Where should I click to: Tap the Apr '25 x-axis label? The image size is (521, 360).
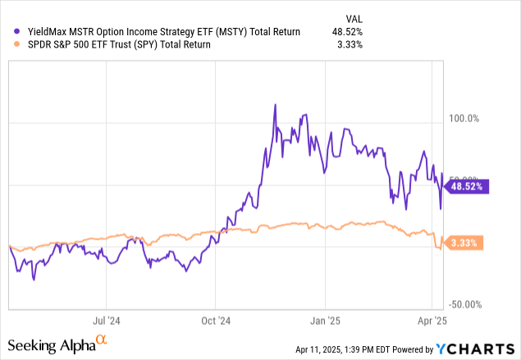pos(433,321)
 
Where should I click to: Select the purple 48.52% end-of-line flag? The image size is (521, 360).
pos(466,186)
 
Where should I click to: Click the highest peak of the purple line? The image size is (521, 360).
pos(274,105)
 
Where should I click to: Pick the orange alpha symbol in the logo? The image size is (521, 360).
pos(101,340)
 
